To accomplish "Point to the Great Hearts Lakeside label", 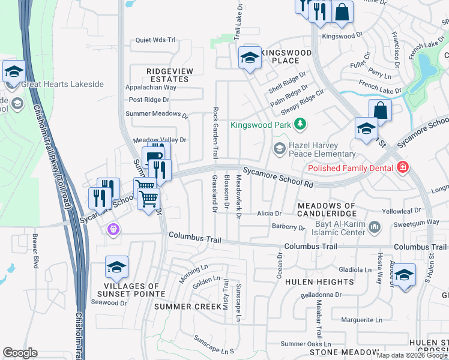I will (x=62, y=85).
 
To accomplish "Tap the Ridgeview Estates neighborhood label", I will (x=170, y=75).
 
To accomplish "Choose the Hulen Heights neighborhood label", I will (x=319, y=281).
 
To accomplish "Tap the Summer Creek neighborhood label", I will (x=184, y=307).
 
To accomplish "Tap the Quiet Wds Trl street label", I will (x=155, y=40).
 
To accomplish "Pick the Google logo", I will (x=20, y=353).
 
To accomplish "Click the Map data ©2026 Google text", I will (x=412, y=355).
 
